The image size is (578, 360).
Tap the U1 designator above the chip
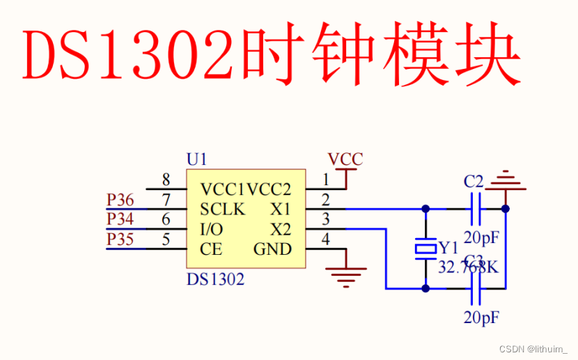tap(196, 159)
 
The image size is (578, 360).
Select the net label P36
tap(120, 200)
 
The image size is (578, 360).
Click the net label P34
tap(120, 219)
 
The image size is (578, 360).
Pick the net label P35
tap(120, 240)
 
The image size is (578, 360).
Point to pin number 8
tap(166, 180)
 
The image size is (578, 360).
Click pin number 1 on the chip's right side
tap(325, 180)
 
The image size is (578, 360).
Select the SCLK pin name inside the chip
tap(222, 209)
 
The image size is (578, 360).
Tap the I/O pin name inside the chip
tap(212, 229)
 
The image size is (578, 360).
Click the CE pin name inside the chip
tap(211, 249)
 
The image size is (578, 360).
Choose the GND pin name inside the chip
tap(272, 249)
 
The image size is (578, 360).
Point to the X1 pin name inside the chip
tap(281, 209)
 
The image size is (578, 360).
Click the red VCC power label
tap(345, 159)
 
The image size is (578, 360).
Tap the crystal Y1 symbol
tap(425, 248)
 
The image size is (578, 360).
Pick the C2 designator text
tap(474, 182)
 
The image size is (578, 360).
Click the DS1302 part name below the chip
tap(215, 280)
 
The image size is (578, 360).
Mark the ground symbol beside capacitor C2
tap(505, 182)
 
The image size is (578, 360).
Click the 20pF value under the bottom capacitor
tap(481, 318)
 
